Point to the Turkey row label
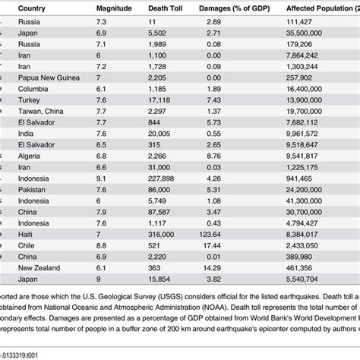(31, 99)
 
